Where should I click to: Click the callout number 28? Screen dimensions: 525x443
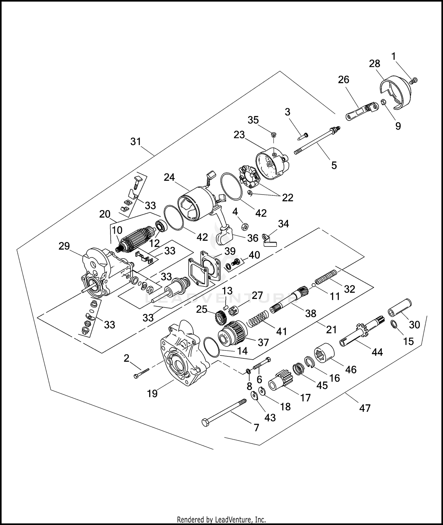coord(374,64)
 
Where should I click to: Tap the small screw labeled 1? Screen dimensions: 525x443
coord(414,80)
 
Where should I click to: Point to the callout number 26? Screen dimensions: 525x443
coord(343,80)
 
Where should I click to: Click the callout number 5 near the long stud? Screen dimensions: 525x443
coord(334,165)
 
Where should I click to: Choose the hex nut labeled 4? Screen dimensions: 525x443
coord(245,227)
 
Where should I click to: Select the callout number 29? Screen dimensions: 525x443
coord(64,246)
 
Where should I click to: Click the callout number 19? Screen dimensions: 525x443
coord(152,393)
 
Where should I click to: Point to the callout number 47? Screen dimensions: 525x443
coord(365,408)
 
